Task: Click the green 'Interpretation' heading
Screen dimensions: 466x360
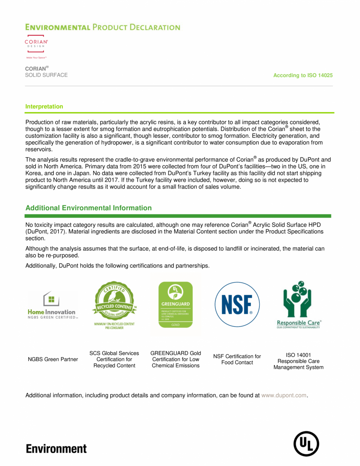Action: (x=44, y=107)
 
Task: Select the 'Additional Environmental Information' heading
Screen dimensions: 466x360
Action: (x=88, y=208)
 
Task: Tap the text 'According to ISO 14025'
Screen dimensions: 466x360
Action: (x=303, y=75)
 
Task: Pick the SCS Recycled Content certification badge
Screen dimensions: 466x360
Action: (x=114, y=305)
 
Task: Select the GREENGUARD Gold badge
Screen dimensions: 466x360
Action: (x=175, y=305)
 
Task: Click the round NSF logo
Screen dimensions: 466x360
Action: (x=237, y=304)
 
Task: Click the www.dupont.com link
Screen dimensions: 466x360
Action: (x=284, y=396)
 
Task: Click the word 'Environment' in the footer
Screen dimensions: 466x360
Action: (x=56, y=448)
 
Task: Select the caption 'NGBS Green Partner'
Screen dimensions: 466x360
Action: (x=53, y=359)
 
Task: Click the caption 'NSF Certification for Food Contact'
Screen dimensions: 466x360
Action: (x=237, y=359)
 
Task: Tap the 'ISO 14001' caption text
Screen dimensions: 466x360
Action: (x=298, y=355)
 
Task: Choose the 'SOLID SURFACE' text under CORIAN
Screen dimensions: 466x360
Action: (x=46, y=75)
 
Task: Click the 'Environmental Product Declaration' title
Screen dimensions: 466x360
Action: (x=103, y=27)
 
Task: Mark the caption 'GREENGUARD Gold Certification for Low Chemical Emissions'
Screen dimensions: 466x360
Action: (x=175, y=359)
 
